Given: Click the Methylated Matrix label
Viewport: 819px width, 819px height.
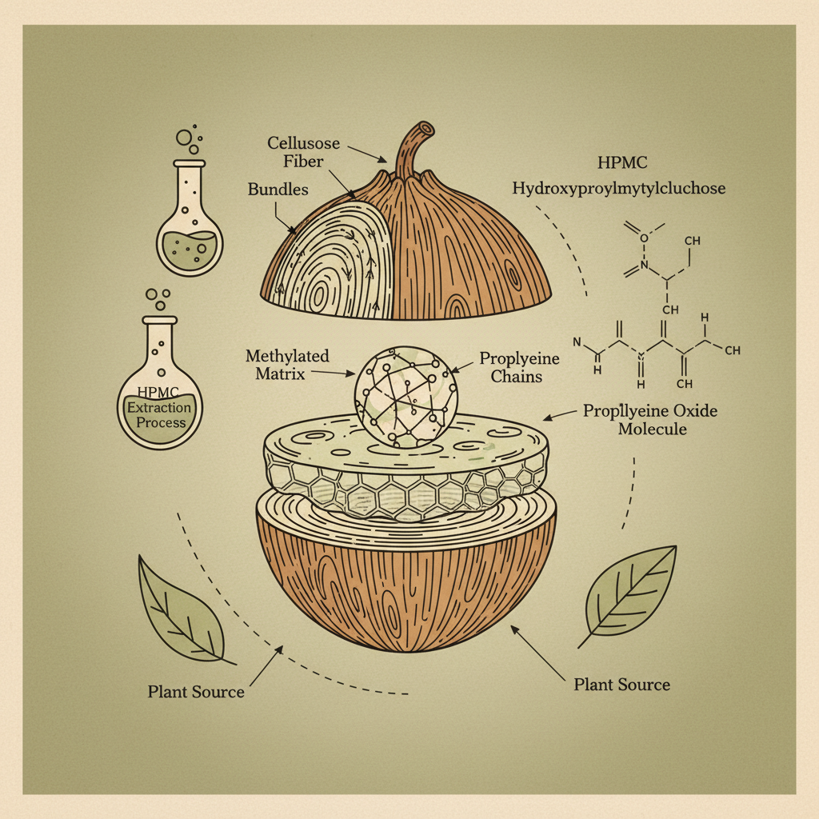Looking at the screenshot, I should (x=287, y=364).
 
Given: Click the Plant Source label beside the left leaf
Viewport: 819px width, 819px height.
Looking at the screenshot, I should (x=196, y=691).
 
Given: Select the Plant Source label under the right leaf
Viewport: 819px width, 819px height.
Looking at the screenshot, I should (x=622, y=684).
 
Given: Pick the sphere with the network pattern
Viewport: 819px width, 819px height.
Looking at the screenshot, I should (x=406, y=394).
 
